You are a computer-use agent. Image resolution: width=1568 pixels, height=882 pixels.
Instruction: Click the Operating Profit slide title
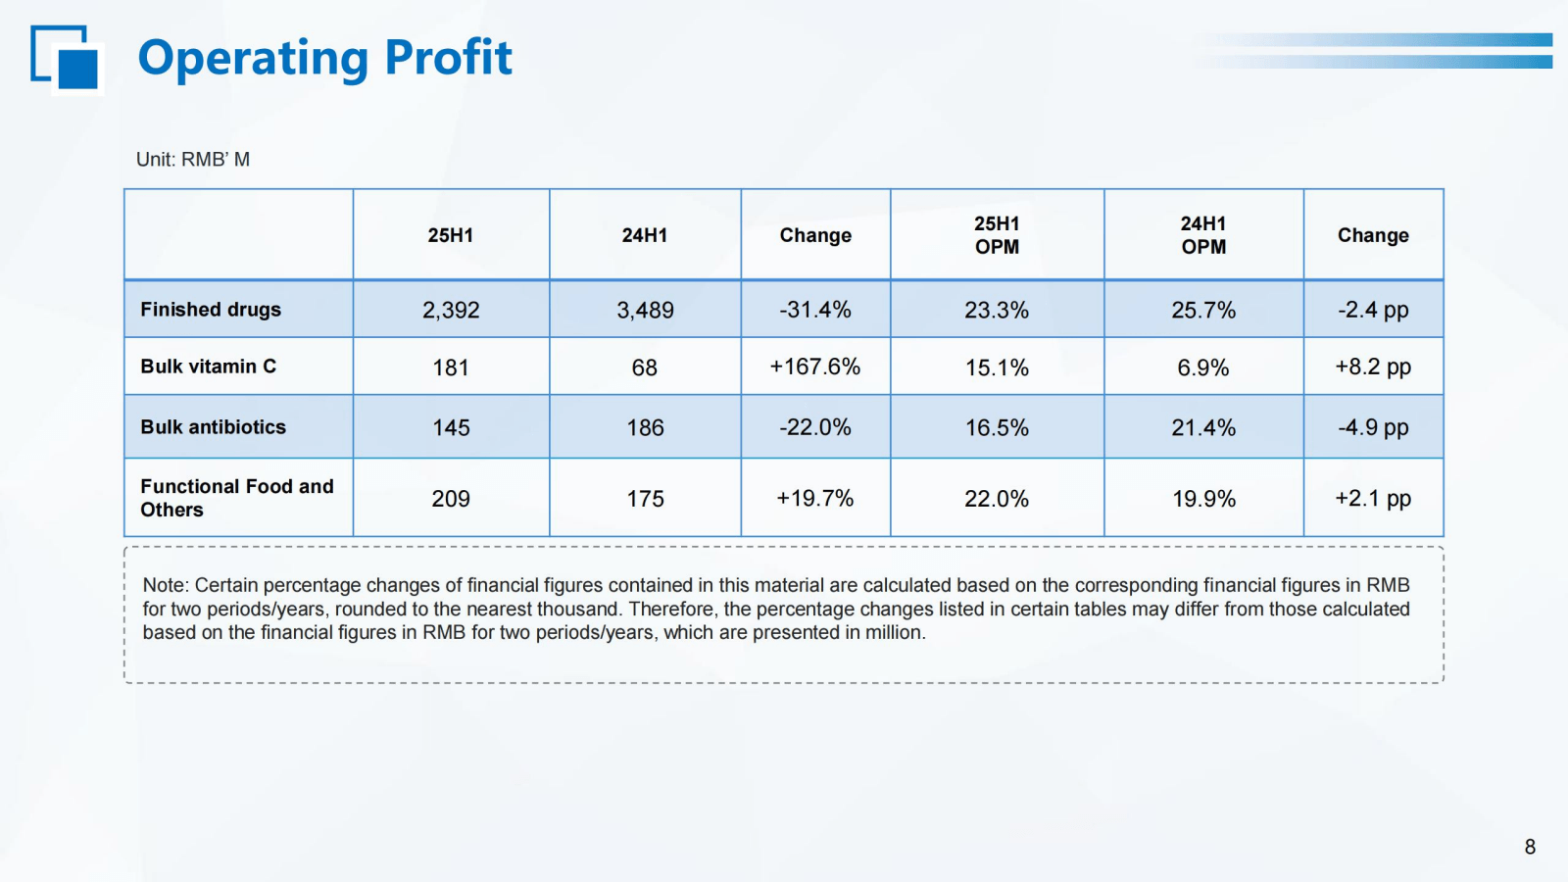(324, 57)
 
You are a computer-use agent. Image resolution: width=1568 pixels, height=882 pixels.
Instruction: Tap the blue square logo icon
(68, 59)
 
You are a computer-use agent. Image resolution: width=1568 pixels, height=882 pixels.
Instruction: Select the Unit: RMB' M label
(193, 160)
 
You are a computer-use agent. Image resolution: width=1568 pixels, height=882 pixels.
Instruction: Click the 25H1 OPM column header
(997, 235)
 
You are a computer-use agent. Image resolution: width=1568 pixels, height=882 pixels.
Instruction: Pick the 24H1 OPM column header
(1203, 235)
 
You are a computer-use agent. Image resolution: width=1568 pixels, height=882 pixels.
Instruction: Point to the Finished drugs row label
(211, 310)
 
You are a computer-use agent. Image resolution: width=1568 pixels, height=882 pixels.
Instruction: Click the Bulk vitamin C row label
(208, 367)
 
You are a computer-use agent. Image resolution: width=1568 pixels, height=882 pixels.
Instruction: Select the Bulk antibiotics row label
(213, 427)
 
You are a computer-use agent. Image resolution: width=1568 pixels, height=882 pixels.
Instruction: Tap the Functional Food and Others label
(236, 498)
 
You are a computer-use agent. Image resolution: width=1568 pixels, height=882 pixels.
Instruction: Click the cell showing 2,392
(451, 311)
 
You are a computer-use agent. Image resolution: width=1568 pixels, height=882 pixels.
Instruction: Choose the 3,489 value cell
(645, 311)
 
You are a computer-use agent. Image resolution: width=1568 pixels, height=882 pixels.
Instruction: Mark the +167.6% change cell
(814, 367)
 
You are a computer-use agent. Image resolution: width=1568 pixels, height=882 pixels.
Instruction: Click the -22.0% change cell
(814, 427)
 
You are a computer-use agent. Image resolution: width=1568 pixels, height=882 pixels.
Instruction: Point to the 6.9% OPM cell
(1203, 367)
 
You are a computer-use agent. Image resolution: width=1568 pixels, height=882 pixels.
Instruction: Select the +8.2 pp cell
(1373, 367)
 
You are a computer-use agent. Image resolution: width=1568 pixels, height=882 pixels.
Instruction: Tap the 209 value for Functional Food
(451, 499)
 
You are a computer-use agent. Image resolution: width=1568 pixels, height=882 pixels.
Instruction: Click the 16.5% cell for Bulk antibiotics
(997, 427)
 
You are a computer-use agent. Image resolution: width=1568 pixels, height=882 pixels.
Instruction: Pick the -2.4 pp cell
(1373, 311)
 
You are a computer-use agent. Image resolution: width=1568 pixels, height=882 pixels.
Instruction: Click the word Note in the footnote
(164, 585)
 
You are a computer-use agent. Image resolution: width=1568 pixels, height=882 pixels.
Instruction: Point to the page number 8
(1530, 847)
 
